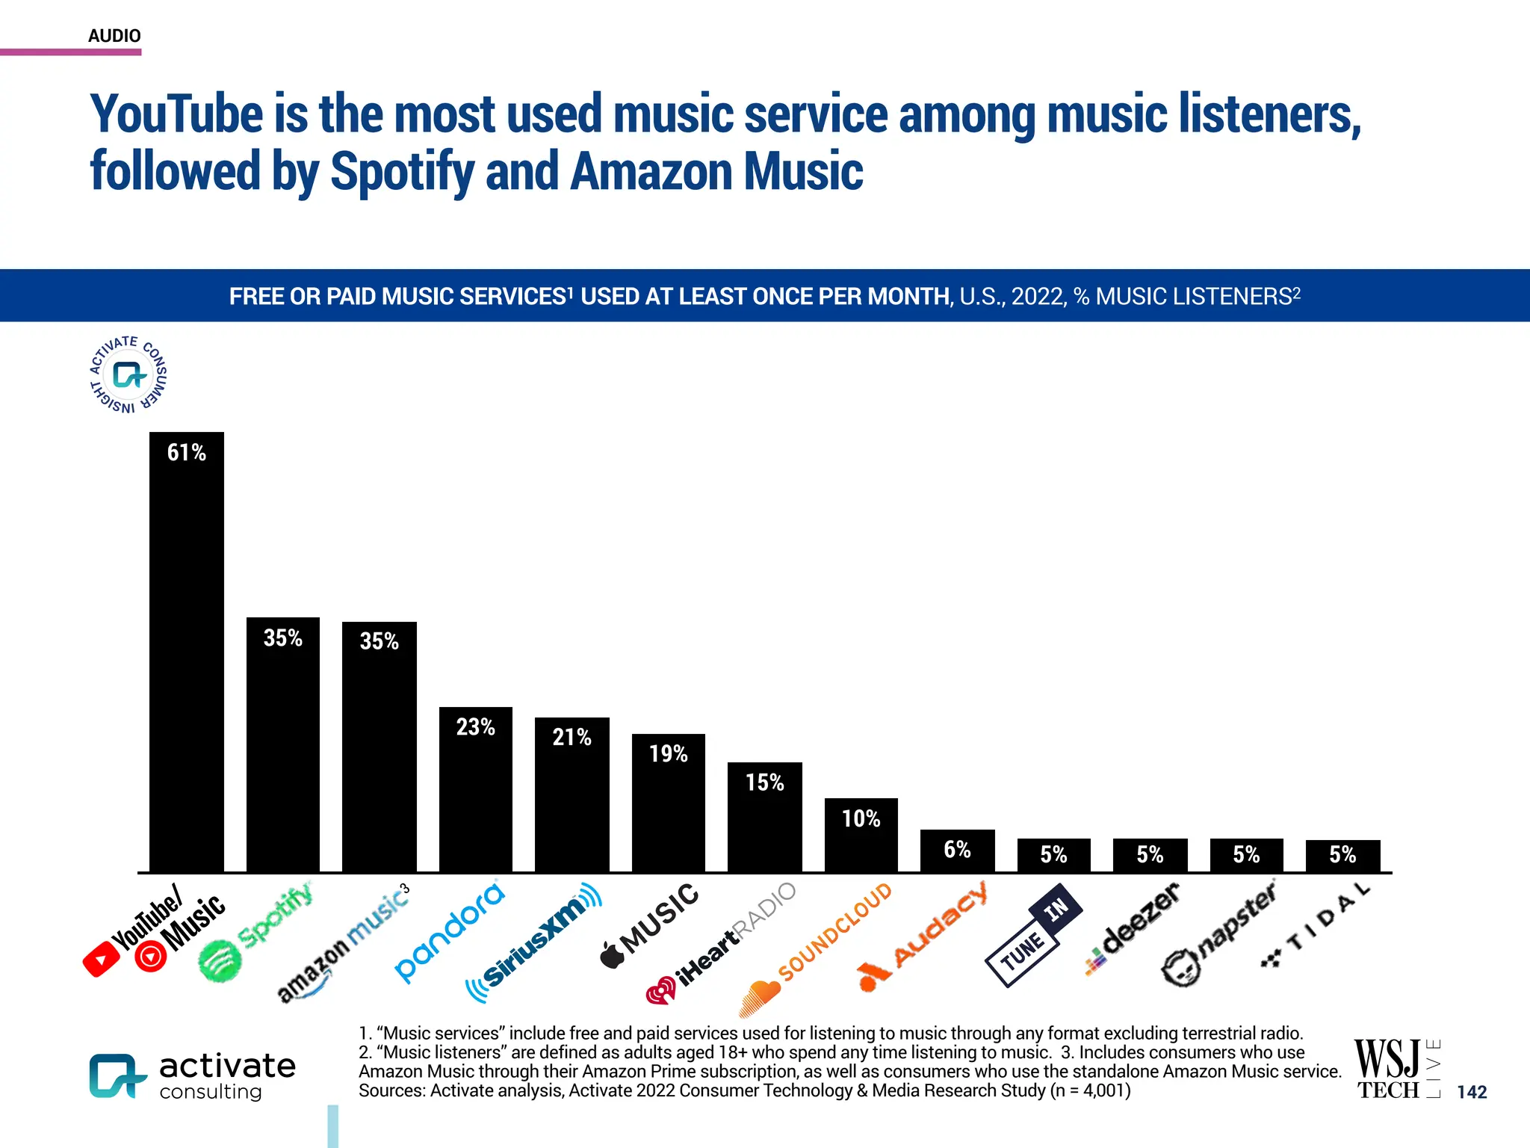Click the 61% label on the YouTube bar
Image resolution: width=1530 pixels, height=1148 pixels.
pos(186,452)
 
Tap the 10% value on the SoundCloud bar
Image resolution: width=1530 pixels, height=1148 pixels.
pos(861,819)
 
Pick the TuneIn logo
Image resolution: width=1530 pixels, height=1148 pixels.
pos(1033,935)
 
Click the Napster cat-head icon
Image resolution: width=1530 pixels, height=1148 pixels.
pos(1181,967)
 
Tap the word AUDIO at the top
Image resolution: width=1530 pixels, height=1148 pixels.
pos(114,36)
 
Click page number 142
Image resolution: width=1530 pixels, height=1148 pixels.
pos(1472,1092)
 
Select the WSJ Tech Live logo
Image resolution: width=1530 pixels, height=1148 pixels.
pos(1394,1070)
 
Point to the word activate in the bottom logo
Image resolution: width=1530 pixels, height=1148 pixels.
pos(227,1066)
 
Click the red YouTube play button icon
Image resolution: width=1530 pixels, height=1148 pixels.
pos(102,960)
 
